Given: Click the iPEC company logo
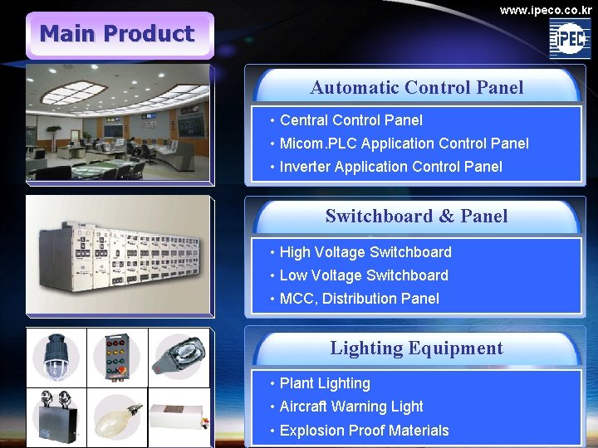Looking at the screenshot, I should (570, 38).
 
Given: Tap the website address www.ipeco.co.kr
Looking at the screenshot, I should (546, 10).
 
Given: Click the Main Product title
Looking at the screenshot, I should (117, 34).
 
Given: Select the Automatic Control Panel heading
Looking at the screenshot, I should (417, 87).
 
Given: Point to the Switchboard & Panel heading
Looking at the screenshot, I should (417, 216).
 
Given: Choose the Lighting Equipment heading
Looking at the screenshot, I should (417, 348).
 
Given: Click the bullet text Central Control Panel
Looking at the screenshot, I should (350, 120).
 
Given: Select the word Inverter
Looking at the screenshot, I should (305, 167).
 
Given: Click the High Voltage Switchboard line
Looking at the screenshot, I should (365, 252).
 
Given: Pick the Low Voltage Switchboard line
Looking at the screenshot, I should (364, 275).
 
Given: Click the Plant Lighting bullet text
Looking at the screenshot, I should (325, 383).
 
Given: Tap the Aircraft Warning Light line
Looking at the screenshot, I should (351, 407).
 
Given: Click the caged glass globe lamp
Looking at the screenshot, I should (56, 356).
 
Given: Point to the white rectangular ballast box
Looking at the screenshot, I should (178, 417).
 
